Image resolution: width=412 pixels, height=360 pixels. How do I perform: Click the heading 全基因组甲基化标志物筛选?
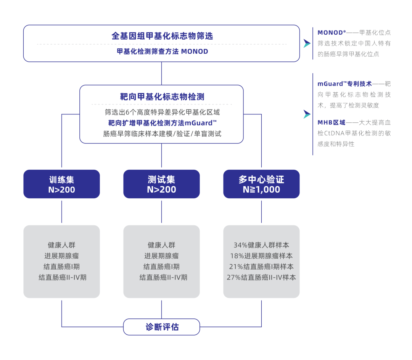(162, 36)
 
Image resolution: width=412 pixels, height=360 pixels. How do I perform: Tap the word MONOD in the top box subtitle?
(195, 51)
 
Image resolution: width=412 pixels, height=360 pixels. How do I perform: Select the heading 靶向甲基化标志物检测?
(162, 96)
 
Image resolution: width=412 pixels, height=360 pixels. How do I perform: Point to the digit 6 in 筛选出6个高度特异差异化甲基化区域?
(127, 112)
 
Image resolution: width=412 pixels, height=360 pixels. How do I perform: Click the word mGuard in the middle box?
(198, 123)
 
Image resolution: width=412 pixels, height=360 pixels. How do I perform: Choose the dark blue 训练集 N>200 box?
(61, 184)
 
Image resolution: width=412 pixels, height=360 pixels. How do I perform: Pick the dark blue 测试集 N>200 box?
(161, 184)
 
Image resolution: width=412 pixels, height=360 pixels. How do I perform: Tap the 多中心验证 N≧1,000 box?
(261, 184)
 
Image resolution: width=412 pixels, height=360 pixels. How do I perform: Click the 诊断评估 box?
(162, 327)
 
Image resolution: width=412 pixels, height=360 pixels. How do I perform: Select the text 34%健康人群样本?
(261, 245)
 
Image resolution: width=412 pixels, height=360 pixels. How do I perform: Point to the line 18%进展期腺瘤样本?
(261, 256)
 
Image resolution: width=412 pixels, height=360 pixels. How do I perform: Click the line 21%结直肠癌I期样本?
(261, 267)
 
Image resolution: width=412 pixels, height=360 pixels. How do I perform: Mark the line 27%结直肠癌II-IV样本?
(261, 277)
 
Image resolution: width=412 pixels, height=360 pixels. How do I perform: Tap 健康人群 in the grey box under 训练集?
(61, 245)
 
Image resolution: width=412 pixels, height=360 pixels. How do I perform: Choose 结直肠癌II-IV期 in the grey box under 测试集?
(163, 277)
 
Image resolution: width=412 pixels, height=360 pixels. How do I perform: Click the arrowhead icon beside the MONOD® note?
(307, 43)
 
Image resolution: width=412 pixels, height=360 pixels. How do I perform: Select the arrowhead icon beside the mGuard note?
(307, 114)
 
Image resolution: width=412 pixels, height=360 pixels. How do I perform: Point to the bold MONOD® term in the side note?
(332, 32)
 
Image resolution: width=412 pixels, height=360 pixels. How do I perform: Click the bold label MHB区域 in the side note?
(332, 122)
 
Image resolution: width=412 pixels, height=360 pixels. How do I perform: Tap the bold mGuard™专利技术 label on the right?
(344, 84)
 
